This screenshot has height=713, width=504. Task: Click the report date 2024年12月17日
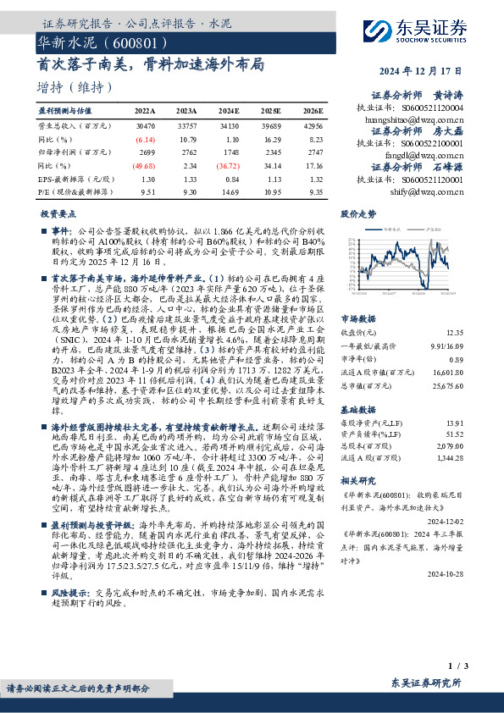pyautogui.click(x=427, y=70)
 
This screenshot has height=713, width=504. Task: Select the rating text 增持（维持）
pyautogui.click(x=75, y=87)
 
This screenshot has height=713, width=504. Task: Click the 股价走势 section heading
pyautogui.click(x=359, y=214)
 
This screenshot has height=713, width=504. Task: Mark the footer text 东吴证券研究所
pyautogui.click(x=427, y=683)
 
